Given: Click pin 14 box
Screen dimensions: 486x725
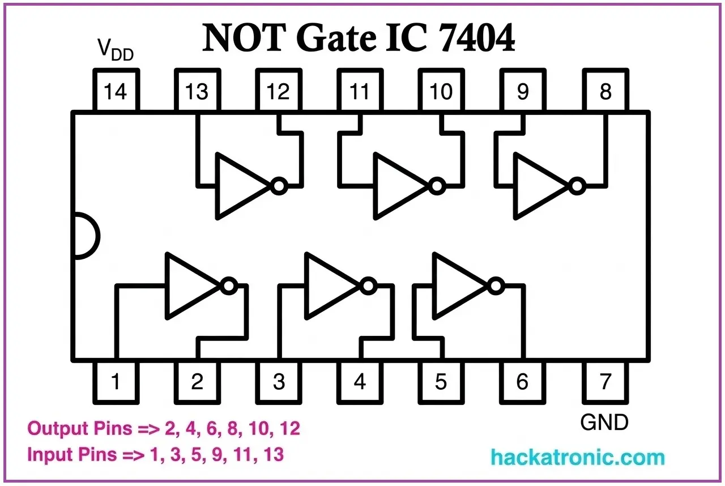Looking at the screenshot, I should [116, 91].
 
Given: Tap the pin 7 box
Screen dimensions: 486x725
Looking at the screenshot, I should [605, 381].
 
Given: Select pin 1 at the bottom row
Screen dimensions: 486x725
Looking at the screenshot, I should [116, 381].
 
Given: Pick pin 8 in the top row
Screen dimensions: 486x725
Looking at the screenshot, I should [605, 91].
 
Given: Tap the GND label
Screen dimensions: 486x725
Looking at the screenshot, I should [604, 422].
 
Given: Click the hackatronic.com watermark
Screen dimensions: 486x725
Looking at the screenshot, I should [577, 457].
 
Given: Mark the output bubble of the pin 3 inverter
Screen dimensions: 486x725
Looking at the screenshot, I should [369, 285].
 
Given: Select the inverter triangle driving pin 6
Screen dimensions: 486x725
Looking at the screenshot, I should [458, 285].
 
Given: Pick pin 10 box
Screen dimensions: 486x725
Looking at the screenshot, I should [441, 91].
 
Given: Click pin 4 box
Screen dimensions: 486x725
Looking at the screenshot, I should [360, 381].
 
